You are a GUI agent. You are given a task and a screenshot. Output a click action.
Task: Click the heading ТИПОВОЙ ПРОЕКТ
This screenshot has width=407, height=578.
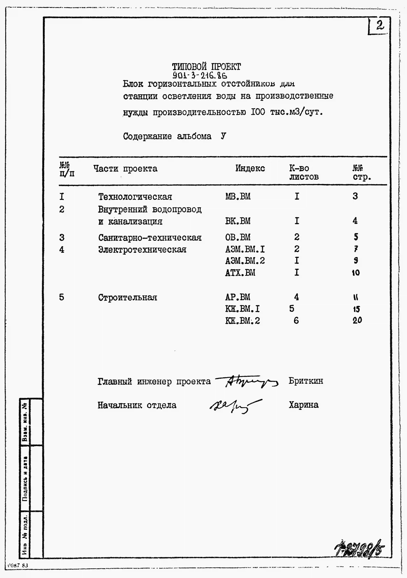click(206, 67)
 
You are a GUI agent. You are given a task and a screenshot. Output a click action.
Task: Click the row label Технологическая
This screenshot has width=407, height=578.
click(135, 197)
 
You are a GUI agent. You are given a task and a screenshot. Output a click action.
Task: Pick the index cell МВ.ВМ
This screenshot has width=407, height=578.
click(238, 196)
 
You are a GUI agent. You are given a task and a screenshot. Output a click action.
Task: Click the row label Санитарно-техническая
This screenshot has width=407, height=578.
click(150, 237)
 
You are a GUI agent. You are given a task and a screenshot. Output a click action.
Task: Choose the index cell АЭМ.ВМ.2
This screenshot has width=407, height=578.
click(245, 261)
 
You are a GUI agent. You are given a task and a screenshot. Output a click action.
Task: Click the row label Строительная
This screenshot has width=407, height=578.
click(127, 297)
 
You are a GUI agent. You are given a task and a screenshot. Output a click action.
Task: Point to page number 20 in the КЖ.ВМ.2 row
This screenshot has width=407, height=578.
click(357, 320)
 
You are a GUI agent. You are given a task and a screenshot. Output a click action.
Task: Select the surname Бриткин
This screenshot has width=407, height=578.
click(306, 381)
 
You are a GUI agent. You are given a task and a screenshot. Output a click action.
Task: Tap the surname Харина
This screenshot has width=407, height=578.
click(303, 405)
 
